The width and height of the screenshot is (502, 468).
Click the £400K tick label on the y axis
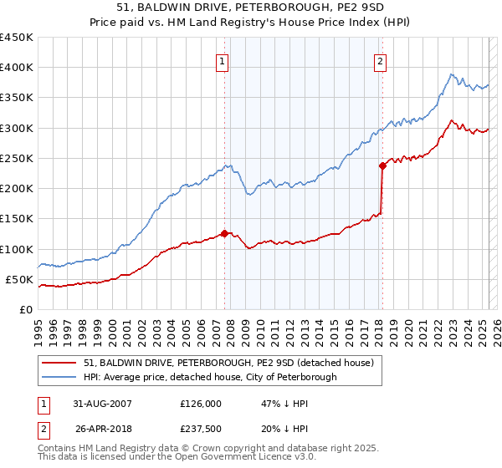click(17, 68)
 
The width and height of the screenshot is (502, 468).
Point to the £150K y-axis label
click(17, 219)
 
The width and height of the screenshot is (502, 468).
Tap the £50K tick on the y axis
click(20, 279)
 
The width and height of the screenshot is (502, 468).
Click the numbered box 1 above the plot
click(223, 60)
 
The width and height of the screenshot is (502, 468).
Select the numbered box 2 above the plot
click(381, 60)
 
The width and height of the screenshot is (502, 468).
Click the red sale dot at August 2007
click(224, 233)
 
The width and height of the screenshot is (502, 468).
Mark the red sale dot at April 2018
click(382, 165)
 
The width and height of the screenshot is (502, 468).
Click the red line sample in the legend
click(59, 362)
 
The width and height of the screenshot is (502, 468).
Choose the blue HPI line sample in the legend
click(59, 377)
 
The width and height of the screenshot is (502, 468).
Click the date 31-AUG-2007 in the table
click(97, 403)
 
